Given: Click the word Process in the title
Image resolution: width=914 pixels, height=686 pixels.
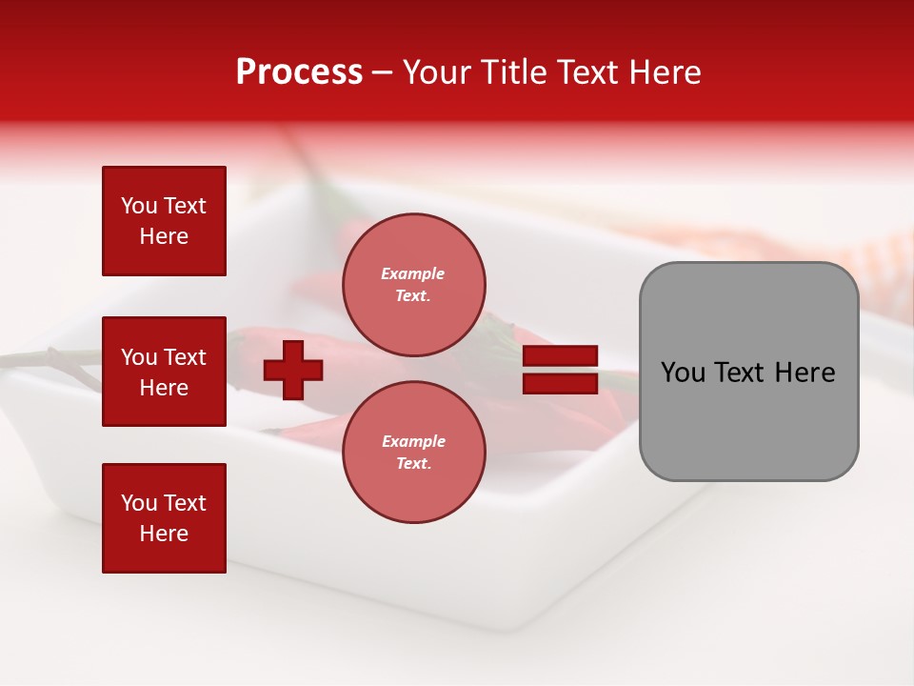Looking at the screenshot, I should (299, 72).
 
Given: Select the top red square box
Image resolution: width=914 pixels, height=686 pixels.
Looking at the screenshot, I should (164, 221).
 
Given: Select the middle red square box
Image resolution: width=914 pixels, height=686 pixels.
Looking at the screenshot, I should (164, 372).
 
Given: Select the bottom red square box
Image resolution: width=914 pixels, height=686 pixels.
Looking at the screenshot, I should (164, 518).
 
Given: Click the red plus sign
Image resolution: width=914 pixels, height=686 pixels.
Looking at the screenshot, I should (293, 370).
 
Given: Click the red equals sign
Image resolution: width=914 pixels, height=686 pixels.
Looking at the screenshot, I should (561, 370).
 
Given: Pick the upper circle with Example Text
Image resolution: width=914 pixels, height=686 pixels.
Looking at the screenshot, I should (413, 285).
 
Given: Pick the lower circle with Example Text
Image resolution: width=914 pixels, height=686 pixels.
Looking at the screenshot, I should (413, 453).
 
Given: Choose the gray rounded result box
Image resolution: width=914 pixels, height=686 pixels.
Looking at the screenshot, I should (748, 372).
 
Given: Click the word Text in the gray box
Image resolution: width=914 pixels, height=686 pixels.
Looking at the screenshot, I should (746, 373).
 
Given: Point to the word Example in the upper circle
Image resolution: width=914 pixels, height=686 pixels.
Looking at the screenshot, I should (413, 273).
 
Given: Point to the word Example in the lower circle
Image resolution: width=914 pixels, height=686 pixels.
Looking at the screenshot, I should (413, 441).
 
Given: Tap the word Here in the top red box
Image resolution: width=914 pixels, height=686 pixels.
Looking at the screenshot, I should (164, 236).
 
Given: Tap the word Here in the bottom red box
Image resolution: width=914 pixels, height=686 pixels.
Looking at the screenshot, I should (164, 534).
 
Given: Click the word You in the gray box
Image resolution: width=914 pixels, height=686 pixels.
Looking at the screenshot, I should (684, 373).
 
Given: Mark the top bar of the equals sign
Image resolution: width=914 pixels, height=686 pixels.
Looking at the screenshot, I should (561, 356).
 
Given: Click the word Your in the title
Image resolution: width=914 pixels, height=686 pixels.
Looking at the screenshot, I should (436, 72).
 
